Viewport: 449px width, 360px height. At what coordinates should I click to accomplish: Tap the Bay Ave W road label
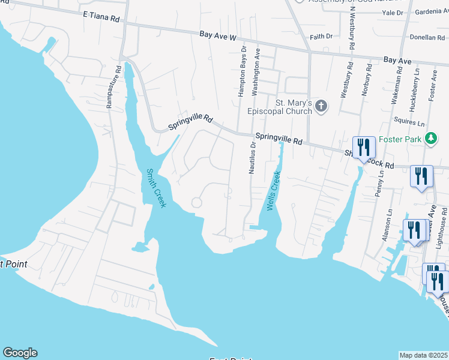[218, 37]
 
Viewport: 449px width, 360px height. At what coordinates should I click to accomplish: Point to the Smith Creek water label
[156, 188]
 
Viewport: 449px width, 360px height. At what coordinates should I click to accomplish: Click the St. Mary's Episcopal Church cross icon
[321, 107]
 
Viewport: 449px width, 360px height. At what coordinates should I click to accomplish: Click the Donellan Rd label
[427, 37]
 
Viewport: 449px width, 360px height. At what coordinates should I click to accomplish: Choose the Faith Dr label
[321, 37]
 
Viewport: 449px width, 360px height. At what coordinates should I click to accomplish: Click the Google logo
[20, 353]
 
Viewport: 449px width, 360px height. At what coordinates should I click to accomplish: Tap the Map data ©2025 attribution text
[424, 355]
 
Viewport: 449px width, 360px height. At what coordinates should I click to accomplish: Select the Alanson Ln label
[387, 222]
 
